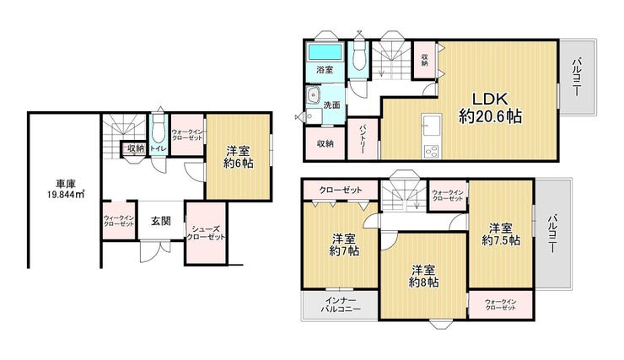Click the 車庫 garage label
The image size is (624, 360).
[66, 184]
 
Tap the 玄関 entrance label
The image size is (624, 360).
[161, 221]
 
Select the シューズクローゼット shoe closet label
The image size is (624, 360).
[206, 233]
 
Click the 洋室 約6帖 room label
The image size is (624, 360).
[238, 157]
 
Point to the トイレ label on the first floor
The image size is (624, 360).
[159, 148]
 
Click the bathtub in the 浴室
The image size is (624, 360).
[325, 52]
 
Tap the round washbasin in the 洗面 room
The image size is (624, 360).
[314, 95]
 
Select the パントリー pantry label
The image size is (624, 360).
[363, 139]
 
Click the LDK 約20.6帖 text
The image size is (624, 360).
[490, 107]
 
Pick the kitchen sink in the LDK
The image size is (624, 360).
[432, 125]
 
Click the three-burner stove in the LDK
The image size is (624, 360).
[432, 152]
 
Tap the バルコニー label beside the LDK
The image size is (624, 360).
[577, 78]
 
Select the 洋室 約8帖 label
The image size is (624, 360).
[423, 276]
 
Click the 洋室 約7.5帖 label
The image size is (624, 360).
[501, 234]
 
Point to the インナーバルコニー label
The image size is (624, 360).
[341, 304]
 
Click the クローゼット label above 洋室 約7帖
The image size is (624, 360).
[341, 190]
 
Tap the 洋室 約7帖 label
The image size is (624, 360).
[344, 245]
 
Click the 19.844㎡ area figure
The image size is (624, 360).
[66, 194]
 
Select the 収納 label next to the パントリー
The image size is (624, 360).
[325, 143]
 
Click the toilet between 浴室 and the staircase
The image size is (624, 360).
[359, 57]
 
